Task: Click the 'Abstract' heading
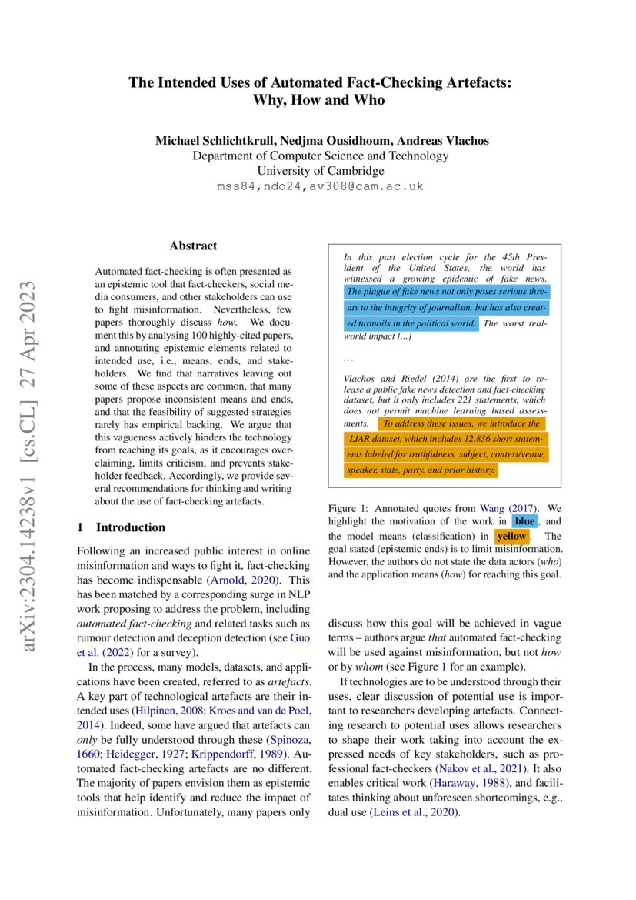coord(193,246)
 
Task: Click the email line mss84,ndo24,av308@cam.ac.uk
coord(320,186)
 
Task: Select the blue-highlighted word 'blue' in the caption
coord(525,522)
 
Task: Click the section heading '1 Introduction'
coord(122,527)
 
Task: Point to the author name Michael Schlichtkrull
coord(208,140)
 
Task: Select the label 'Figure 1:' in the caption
coord(351,508)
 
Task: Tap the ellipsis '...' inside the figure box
coord(348,358)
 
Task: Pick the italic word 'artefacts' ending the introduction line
coord(286,682)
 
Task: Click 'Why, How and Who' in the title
coord(318,100)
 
